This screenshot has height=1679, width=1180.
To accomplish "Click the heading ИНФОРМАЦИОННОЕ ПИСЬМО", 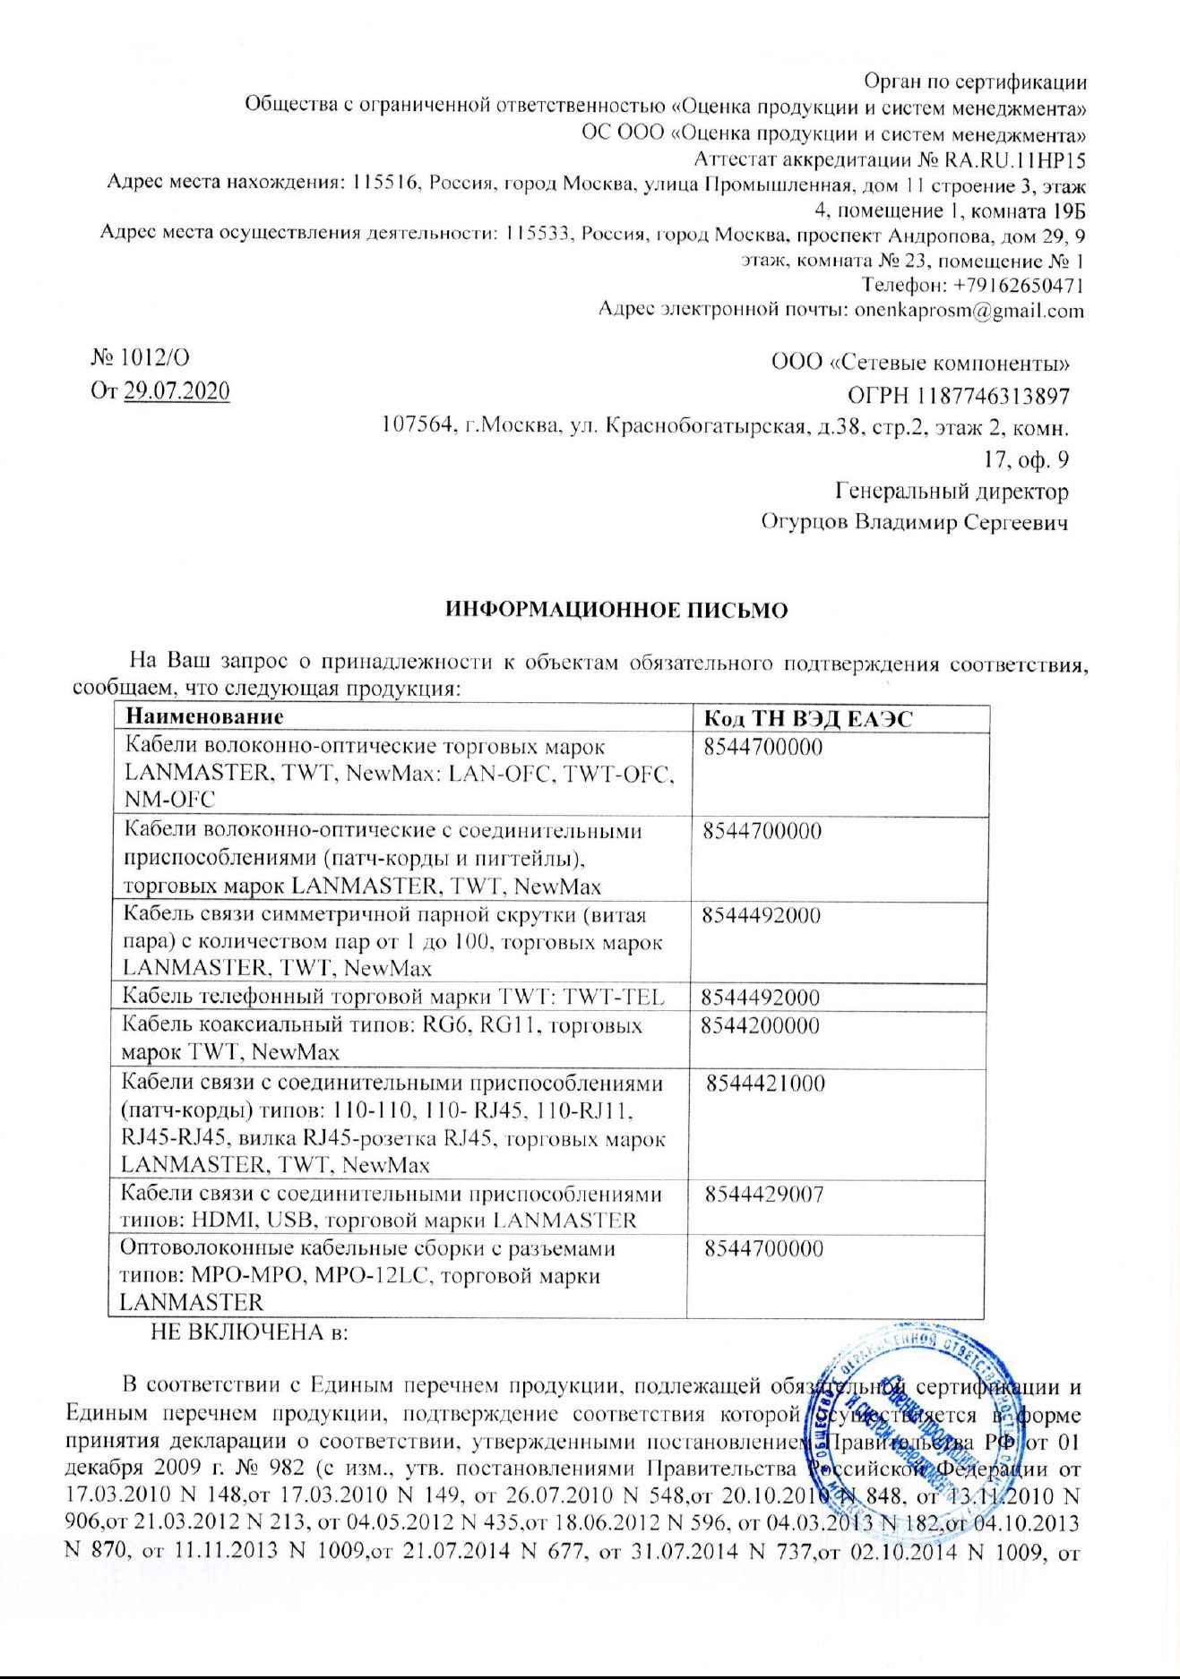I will coord(616,611).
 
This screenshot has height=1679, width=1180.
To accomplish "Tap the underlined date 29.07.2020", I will coord(177,391).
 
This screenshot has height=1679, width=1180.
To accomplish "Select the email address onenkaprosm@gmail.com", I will coord(969,311).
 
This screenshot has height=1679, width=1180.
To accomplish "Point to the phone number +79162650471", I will coord(1013,286).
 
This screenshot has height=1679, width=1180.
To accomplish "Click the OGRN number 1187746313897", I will coord(994,395).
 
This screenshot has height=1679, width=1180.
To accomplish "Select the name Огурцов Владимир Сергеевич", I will coord(914,521).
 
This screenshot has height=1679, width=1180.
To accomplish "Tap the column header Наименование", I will coord(204,716).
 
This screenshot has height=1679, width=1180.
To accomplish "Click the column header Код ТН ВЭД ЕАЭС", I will coord(808,718).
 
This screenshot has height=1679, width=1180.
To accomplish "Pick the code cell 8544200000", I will coord(760,1025).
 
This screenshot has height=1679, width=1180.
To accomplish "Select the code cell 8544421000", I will coord(765,1084).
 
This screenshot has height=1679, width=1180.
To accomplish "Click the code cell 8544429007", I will coord(763,1194).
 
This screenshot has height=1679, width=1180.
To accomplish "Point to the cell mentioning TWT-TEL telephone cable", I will coord(393,997).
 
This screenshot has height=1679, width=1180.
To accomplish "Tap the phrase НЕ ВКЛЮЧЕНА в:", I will coord(249,1332).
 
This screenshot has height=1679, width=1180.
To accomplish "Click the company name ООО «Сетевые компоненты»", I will coord(920,363).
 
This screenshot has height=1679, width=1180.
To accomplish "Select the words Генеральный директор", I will coord(952,491).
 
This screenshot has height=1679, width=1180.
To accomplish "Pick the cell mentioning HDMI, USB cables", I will coord(392,1206).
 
